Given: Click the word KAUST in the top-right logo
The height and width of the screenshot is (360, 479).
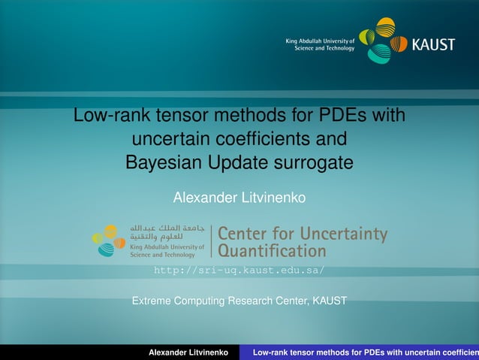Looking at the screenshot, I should [x=433, y=44].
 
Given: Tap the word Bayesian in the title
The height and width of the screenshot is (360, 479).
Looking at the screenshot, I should [x=161, y=162].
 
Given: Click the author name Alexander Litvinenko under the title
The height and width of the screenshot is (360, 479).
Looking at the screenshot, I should [x=239, y=198].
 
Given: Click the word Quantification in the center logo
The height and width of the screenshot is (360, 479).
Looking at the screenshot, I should [x=272, y=250].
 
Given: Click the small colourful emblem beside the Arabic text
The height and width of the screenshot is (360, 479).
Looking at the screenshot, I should [x=109, y=241].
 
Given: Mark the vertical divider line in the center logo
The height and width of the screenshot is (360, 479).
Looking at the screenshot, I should [x=211, y=241].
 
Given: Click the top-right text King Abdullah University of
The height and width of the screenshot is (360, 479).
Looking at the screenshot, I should [x=320, y=40].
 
